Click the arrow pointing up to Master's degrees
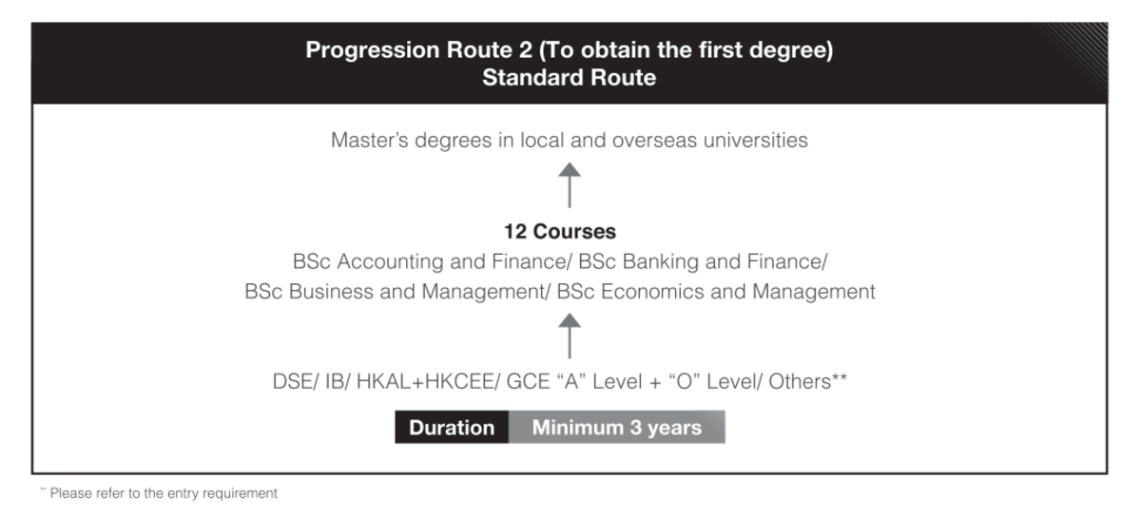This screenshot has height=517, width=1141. (x=569, y=185)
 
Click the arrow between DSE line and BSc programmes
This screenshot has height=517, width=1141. (x=569, y=335)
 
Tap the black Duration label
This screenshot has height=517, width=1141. (x=452, y=428)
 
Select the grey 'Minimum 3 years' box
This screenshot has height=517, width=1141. (x=617, y=428)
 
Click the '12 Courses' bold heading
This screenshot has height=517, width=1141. (x=560, y=232)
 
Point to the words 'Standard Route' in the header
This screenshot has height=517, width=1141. (x=569, y=78)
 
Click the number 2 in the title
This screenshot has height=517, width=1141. (x=525, y=50)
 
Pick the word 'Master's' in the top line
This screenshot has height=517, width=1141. (x=369, y=140)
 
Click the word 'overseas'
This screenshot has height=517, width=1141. (x=654, y=141)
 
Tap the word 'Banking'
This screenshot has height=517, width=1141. (x=661, y=261)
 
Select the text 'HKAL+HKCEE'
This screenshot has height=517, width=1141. (x=426, y=381)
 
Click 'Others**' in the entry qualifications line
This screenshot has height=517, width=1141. (x=808, y=381)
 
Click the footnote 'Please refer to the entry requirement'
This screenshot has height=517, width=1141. (x=164, y=493)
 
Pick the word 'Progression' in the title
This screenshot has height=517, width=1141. (x=373, y=50)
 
